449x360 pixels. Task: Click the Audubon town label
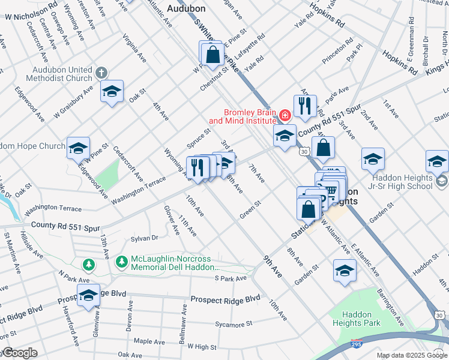pyautogui.click(x=186, y=8)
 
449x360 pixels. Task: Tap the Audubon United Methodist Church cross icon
pyautogui.click(x=101, y=73)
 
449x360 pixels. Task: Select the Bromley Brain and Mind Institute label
pyautogui.click(x=249, y=116)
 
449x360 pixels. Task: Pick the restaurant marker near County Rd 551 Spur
pyautogui.click(x=305, y=106)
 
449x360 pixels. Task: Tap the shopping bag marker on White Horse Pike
pyautogui.click(x=213, y=55)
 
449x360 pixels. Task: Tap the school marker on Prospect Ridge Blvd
pyautogui.click(x=88, y=295)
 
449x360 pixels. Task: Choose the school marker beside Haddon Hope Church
pyautogui.click(x=78, y=148)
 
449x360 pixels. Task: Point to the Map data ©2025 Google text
pyautogui.click(x=412, y=355)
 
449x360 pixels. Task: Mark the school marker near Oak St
pyautogui.click(x=112, y=92)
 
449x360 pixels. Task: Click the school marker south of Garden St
pyautogui.click(x=345, y=271)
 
